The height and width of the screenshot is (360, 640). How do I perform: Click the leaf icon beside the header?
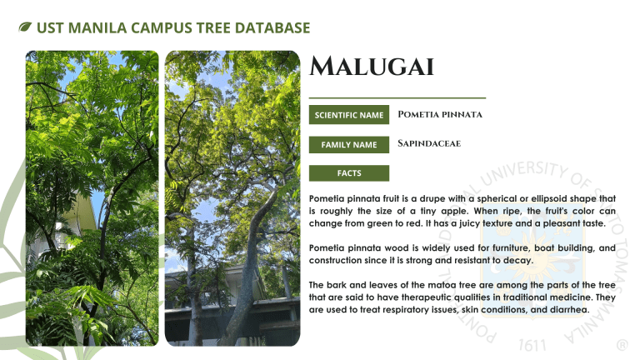25,27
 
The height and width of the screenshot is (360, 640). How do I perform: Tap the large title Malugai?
372,66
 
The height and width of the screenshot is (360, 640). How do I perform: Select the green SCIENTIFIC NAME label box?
349,115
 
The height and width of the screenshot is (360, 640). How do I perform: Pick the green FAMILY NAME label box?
349,144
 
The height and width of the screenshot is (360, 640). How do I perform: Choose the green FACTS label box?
349,173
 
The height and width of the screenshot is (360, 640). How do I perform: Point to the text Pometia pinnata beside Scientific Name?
440,114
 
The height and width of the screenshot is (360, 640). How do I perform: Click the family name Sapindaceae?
429,143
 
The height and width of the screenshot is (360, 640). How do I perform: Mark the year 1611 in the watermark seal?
532,345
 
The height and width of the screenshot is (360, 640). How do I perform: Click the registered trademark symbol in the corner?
622,345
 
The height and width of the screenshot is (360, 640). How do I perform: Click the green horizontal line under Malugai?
397,98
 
